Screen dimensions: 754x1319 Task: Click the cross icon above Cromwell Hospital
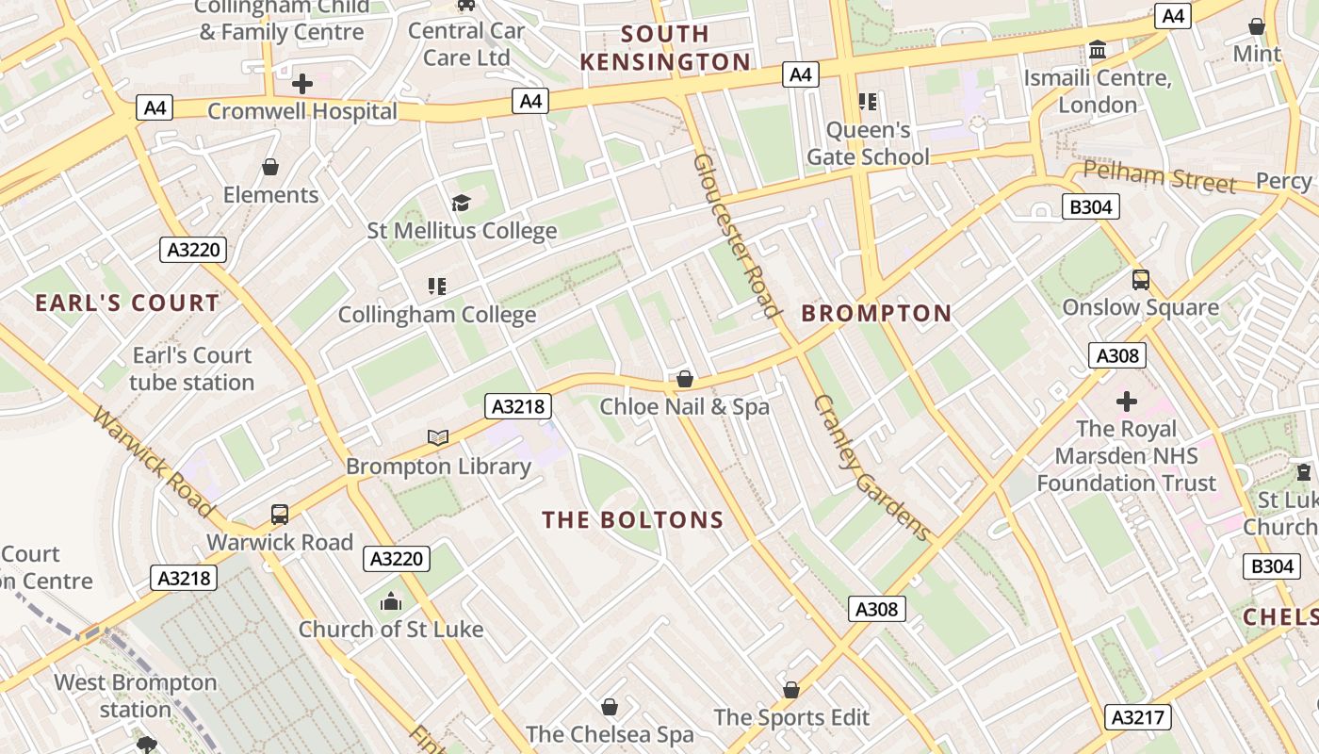coord(301,84)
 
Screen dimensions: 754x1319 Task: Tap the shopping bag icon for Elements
coord(270,168)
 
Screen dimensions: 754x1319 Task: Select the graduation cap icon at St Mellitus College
coord(461,203)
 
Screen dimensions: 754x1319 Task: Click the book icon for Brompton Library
coord(438,437)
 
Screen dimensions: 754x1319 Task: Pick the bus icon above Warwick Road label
coord(280,515)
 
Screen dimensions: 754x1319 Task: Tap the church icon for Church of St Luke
coord(391,601)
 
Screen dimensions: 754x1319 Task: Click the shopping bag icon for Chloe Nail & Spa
coord(685,379)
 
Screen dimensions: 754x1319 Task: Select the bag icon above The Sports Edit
coord(791,690)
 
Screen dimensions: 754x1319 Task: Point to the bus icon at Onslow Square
coord(1141,280)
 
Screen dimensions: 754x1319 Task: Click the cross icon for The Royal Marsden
coord(1126,402)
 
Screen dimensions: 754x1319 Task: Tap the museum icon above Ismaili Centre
coord(1098,49)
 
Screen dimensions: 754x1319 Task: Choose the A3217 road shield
coord(1137,717)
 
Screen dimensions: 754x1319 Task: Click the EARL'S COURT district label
coord(127,303)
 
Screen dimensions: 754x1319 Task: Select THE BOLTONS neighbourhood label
coord(633,520)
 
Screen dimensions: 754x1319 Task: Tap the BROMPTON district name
coord(876,314)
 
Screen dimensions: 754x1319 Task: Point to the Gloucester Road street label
coord(737,236)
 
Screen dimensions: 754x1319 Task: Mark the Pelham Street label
coord(1159,176)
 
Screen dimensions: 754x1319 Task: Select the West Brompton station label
coord(135,696)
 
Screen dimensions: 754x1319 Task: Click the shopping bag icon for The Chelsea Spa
coord(610,707)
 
